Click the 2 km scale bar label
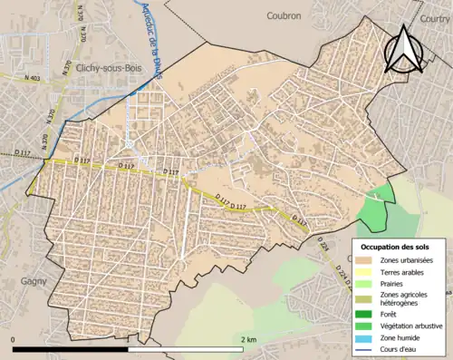pyautogui.click(x=249, y=338)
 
